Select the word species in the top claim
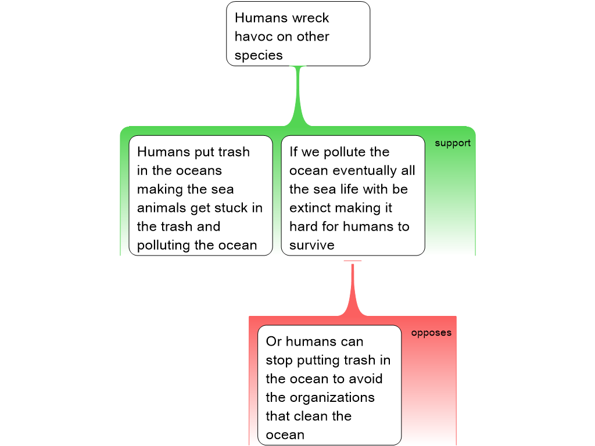pyautogui.click(x=259, y=55)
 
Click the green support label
pyautogui.click(x=453, y=143)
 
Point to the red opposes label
pyautogui.click(x=431, y=333)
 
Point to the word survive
pyautogui.click(x=312, y=245)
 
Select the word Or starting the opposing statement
pyautogui.click(x=274, y=342)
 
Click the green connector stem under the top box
pyautogui.click(x=299, y=96)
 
